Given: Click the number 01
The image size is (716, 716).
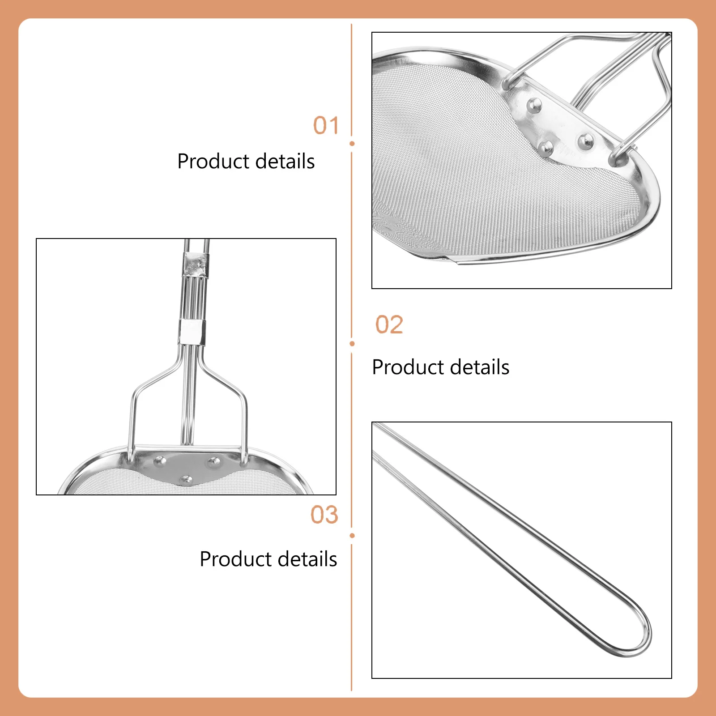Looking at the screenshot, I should coord(326,125).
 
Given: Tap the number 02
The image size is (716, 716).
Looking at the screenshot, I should coord(389,324).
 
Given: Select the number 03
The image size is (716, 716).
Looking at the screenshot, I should coord(324,515).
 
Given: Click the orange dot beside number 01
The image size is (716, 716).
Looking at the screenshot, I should coord(352,144).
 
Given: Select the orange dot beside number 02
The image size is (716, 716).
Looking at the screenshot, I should coord(352,344).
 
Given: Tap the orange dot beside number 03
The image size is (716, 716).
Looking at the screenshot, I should coord(352,536).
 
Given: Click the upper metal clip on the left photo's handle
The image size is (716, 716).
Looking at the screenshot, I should coord(196,264).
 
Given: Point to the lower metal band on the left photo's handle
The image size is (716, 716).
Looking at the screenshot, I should coord(192,332).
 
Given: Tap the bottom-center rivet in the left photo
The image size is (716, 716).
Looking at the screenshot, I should coord(186,480).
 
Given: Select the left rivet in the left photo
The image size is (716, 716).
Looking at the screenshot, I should coord(159,460).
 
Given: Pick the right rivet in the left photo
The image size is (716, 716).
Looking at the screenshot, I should coord(213,461).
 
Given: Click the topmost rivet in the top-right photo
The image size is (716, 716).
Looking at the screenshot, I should coord(534,106).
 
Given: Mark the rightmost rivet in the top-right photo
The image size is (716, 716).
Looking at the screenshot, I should coord(585,141).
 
